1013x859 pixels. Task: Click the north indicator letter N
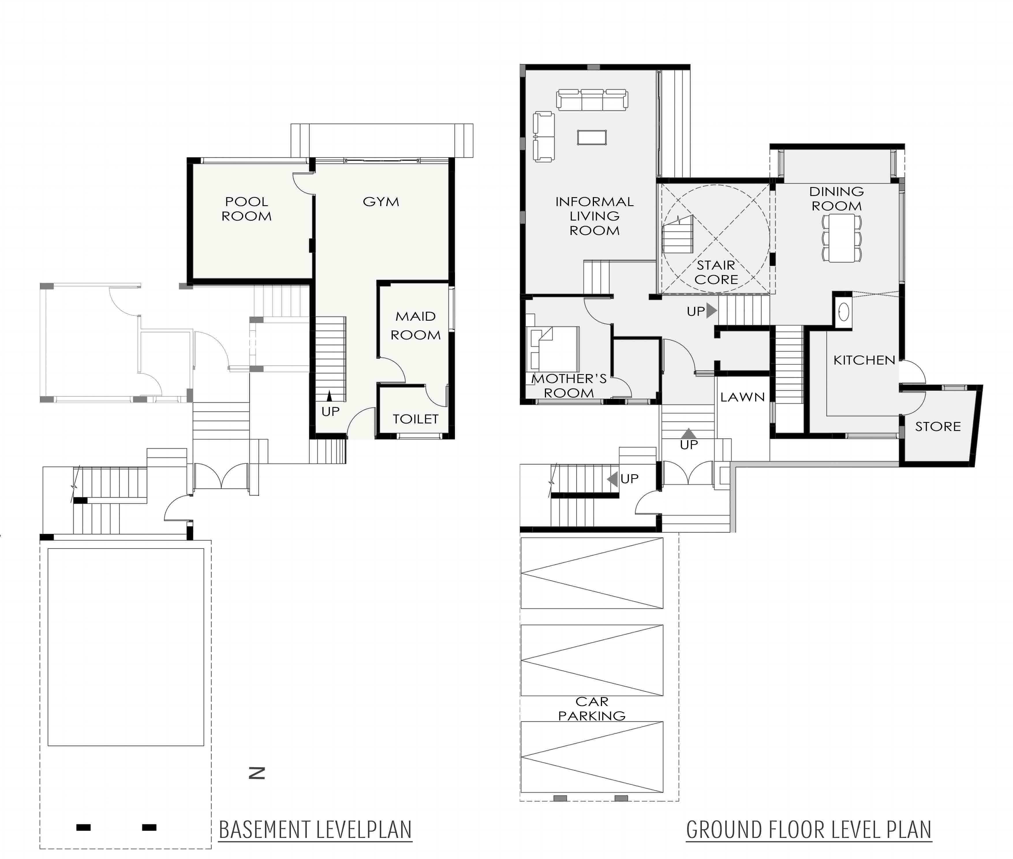pyautogui.click(x=257, y=773)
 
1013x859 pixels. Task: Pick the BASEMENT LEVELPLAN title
pyautogui.click(x=315, y=830)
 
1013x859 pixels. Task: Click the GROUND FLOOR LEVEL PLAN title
pyautogui.click(x=809, y=830)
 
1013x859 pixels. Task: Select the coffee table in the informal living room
pyautogui.click(x=592, y=137)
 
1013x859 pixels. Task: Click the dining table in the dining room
pyautogui.click(x=842, y=238)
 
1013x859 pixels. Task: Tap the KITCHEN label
pyautogui.click(x=864, y=360)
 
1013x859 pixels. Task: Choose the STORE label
pyautogui.click(x=938, y=427)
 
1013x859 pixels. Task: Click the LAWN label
pyautogui.click(x=742, y=397)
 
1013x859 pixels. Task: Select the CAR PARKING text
pyautogui.click(x=592, y=709)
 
